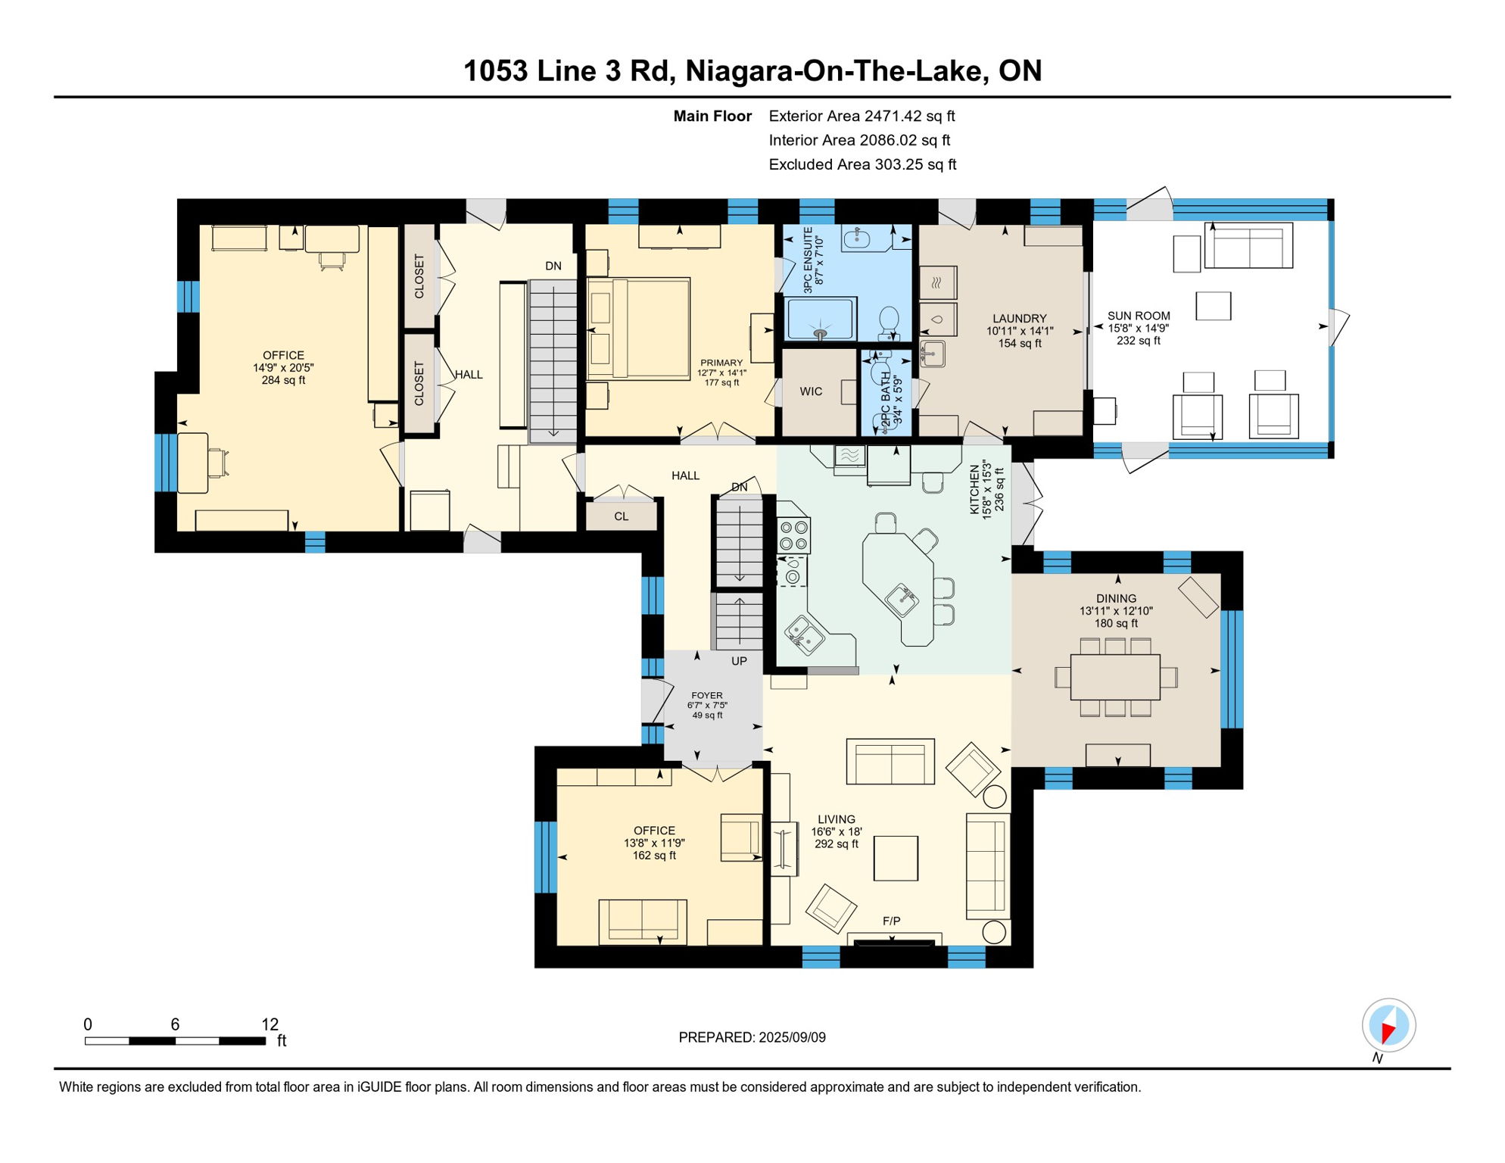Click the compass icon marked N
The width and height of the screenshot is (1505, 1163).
tap(1388, 1026)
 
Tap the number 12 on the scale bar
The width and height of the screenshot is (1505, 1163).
tap(270, 1024)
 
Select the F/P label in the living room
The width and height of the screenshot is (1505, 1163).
tap(891, 921)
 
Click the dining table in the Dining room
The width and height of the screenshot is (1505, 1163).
tap(1115, 677)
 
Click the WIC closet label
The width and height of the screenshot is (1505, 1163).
tap(810, 391)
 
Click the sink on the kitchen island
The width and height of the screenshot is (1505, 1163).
tap(902, 598)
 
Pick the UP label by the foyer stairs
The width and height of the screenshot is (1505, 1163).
tap(739, 661)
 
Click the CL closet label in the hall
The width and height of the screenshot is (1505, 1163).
tap(621, 516)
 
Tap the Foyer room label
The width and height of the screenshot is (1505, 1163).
tap(707, 695)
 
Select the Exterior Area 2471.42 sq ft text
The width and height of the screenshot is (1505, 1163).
tap(862, 116)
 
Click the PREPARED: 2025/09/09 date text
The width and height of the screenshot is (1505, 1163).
tap(752, 1037)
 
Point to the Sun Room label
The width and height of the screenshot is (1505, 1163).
tap(1138, 316)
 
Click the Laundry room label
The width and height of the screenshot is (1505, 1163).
tap(1019, 319)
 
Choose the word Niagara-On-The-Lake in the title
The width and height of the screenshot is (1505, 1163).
tap(836, 71)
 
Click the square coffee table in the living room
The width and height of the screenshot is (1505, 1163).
tap(896, 858)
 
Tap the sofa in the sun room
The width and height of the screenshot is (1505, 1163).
tap(1248, 245)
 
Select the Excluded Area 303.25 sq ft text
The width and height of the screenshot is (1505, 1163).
tap(862, 164)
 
